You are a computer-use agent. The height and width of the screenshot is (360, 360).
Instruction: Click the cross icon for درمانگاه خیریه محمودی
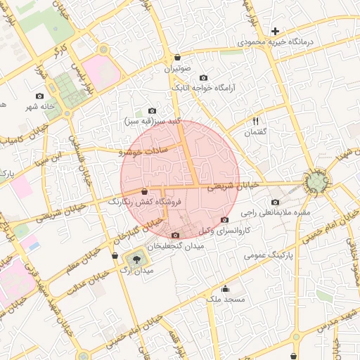click(x=275, y=32)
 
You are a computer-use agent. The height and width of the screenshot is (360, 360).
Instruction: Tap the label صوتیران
click(x=179, y=69)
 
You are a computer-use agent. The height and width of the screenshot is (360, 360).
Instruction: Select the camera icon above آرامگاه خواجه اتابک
click(x=204, y=77)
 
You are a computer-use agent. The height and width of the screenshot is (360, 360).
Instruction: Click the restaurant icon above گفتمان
click(x=255, y=122)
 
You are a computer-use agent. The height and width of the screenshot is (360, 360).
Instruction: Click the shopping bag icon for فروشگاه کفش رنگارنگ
click(x=144, y=191)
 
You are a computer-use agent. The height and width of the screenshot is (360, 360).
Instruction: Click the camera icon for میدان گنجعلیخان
click(x=175, y=236)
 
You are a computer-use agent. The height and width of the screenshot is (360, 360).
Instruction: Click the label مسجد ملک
click(x=224, y=300)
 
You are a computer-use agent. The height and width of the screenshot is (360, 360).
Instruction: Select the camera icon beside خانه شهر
click(x=39, y=96)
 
